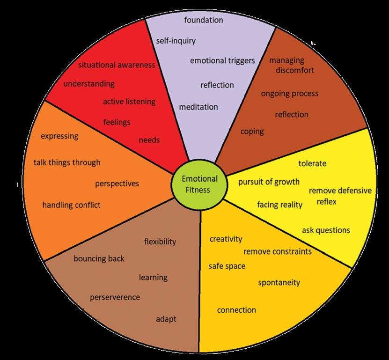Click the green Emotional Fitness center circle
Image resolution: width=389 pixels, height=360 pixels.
pos(199,184)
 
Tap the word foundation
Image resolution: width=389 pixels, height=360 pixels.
pos(203,20)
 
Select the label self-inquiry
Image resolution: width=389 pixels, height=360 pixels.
pos(176,41)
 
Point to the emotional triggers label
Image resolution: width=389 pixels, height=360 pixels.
pos(222,60)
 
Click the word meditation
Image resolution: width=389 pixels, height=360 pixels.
pos(198,107)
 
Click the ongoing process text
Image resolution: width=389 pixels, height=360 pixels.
pos(289,94)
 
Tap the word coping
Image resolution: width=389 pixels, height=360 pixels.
pos(252,132)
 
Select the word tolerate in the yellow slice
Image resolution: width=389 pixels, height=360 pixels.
pos(312,163)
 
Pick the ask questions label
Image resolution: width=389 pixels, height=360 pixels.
pos(326,230)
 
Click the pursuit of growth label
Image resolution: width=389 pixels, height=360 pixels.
pos(269,182)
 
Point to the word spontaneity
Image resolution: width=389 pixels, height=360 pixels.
pos(279,283)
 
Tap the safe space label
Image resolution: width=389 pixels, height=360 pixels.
pos(227,266)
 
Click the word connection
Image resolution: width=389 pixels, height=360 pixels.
pos(236,310)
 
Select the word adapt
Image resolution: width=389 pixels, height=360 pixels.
pos(166,319)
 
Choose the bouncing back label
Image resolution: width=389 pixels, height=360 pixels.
pos(99,258)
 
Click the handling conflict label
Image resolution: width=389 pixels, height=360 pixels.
pos(71,205)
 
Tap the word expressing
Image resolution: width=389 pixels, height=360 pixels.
pos(59,136)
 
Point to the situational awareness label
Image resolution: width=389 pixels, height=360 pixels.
pos(116,65)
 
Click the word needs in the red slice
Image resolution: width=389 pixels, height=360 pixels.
pos(149,140)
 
